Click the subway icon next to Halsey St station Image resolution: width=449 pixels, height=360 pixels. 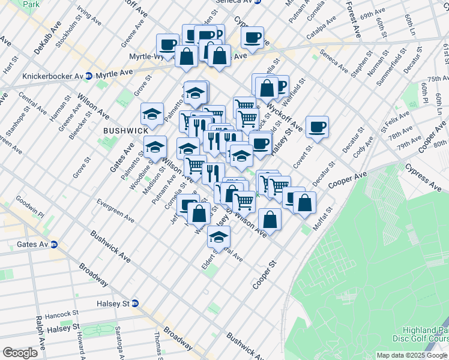click(x=134, y=304)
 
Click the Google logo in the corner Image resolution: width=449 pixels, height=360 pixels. click(x=20, y=353)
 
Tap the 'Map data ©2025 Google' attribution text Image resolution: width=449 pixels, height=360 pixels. click(x=412, y=355)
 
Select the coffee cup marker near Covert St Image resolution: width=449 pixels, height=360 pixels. click(x=317, y=127)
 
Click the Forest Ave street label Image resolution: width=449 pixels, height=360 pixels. click(x=352, y=19)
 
